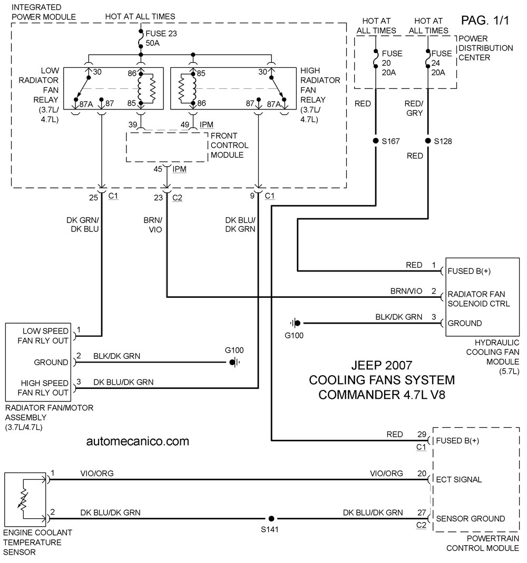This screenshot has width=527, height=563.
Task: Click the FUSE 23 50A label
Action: point(161,38)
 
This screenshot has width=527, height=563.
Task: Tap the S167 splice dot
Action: point(376,141)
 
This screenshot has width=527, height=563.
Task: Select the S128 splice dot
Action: point(428,141)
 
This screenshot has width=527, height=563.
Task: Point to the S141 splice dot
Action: point(271,518)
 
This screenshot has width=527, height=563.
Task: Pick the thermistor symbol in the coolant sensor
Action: point(23,499)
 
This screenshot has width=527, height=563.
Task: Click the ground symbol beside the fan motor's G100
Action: point(235,363)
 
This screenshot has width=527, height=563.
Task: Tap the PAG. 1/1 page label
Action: point(485,21)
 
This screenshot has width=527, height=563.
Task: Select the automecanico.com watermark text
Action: point(138,441)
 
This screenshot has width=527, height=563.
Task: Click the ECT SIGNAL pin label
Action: point(458,480)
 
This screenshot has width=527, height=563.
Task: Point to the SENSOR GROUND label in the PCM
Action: point(471,518)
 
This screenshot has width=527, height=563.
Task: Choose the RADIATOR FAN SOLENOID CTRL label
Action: point(479,299)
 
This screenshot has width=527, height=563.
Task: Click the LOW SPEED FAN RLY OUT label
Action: point(43,336)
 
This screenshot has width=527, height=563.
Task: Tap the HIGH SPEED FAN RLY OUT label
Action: point(43,388)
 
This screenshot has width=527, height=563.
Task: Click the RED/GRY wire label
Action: point(414,108)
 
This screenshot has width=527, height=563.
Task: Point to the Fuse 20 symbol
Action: point(376,58)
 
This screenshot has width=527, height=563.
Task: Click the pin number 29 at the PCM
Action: point(422,434)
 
